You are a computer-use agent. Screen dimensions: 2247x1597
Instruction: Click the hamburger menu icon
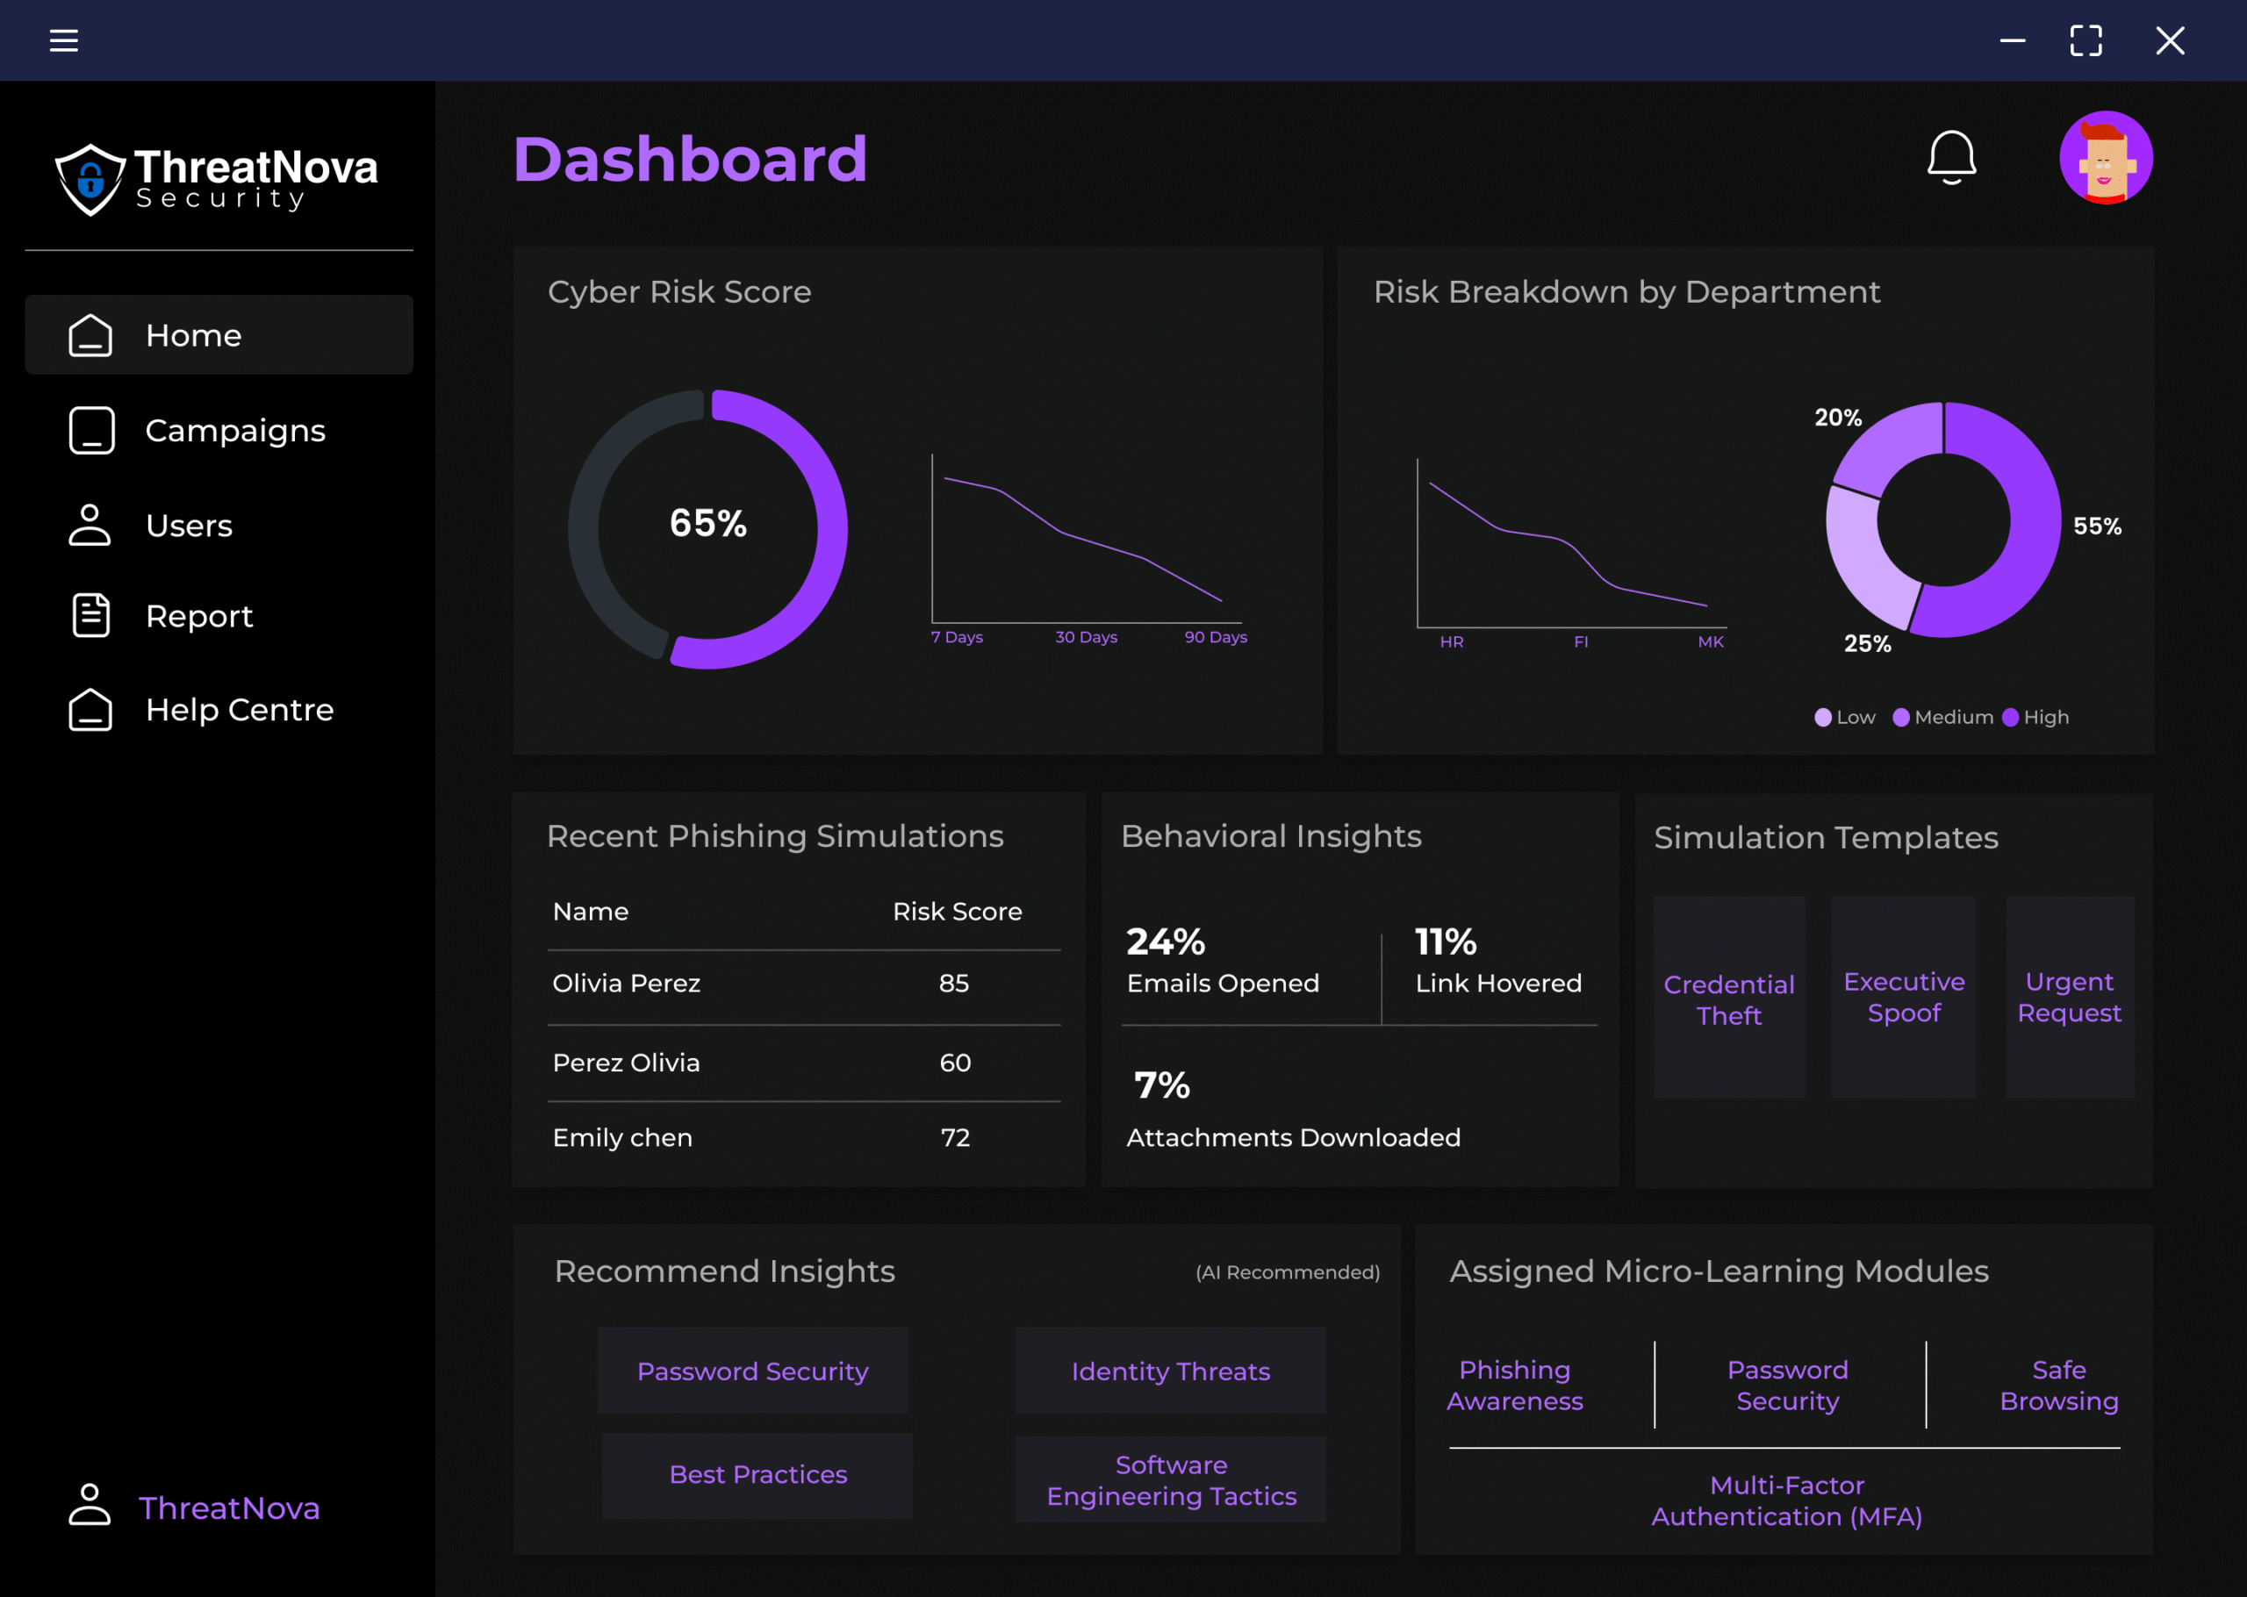click(64, 40)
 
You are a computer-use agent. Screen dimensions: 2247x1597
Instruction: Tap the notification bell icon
click(1951, 157)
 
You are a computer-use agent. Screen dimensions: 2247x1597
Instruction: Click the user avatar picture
click(2106, 157)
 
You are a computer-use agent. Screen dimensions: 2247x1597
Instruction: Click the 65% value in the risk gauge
click(708, 523)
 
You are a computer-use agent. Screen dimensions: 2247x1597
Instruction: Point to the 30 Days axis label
click(1086, 637)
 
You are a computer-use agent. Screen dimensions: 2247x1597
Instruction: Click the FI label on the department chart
click(1580, 642)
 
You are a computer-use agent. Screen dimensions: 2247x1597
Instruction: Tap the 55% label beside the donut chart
click(2097, 526)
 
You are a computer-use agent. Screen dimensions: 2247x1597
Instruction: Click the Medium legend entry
click(1943, 717)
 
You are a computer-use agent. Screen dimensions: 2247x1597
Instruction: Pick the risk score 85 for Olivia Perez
click(954, 984)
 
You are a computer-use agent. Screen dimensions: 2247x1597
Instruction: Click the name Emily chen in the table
click(622, 1138)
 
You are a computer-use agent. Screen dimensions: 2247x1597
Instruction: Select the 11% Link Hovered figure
click(1446, 942)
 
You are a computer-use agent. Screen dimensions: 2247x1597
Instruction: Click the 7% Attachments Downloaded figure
click(1161, 1085)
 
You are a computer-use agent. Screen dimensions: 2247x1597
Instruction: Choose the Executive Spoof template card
click(1903, 997)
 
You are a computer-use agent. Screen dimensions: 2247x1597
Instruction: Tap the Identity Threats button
click(1170, 1371)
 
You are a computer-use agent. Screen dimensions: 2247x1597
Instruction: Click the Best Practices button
click(757, 1475)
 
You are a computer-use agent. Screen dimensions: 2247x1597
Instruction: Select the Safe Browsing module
click(2058, 1385)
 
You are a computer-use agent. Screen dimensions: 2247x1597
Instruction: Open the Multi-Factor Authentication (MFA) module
click(1786, 1500)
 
